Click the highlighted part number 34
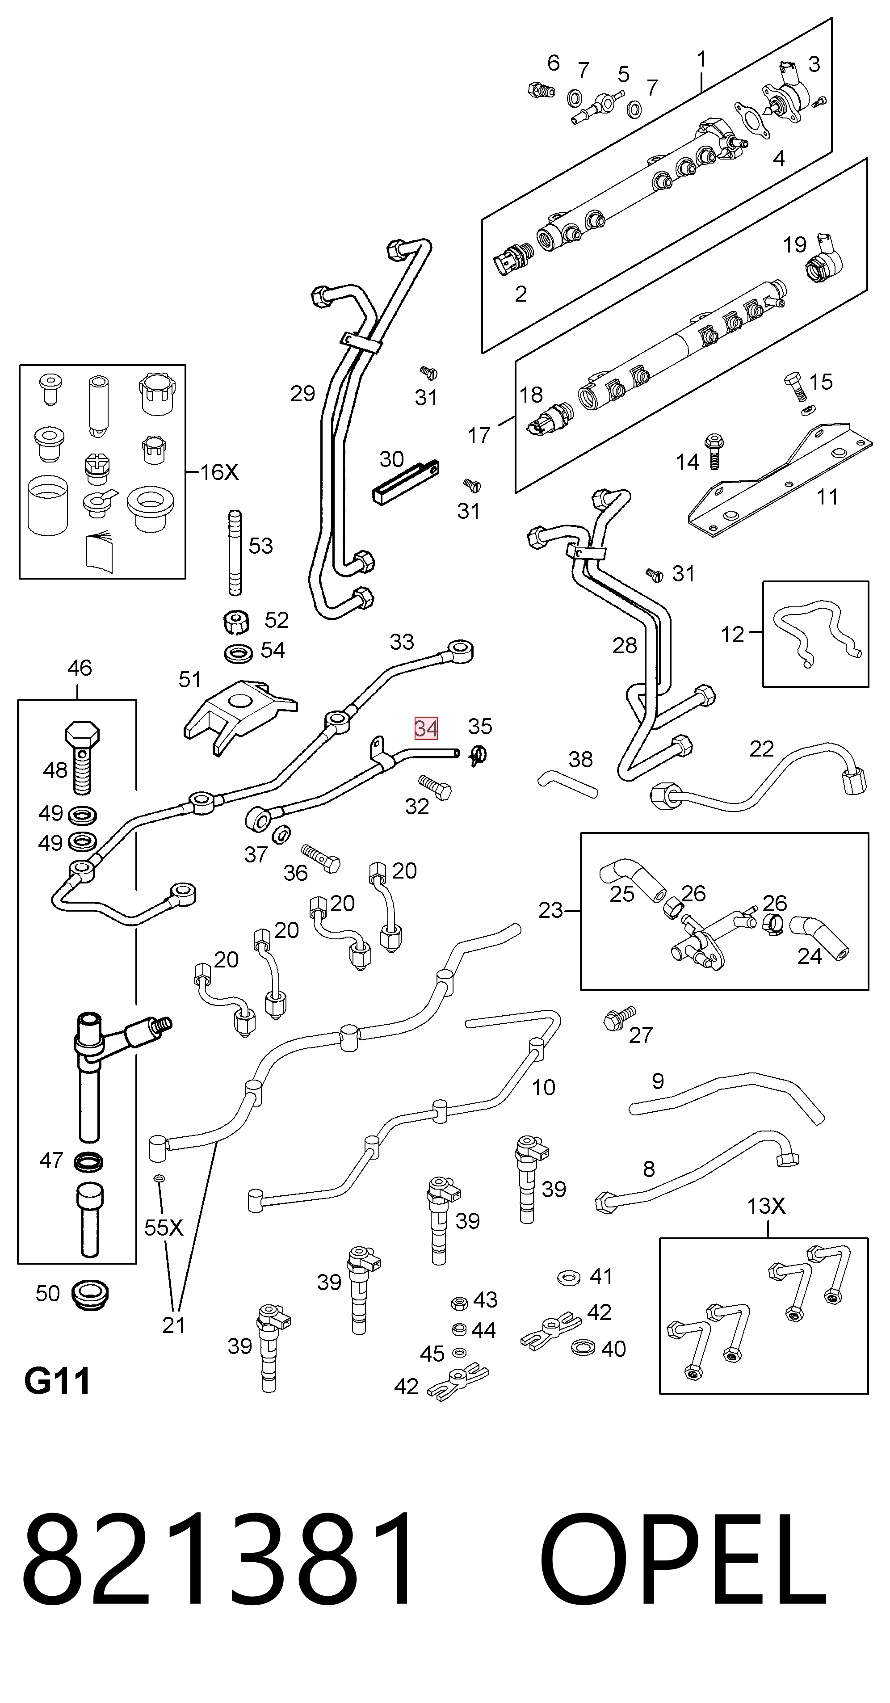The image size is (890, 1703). point(426,728)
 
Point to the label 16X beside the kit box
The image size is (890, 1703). point(219,472)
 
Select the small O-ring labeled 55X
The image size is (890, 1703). point(159,1178)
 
